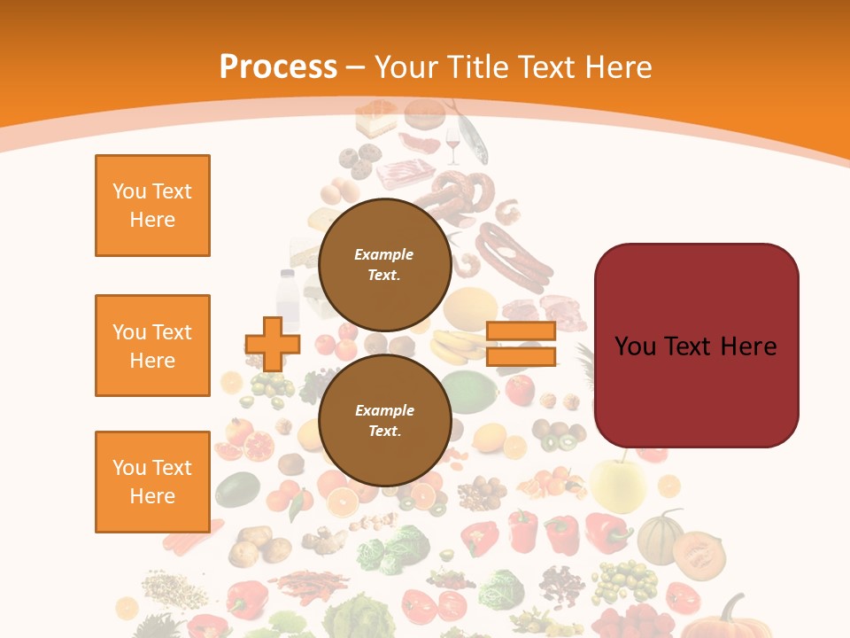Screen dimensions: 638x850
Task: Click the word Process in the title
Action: (278, 66)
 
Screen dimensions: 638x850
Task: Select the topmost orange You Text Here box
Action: (152, 206)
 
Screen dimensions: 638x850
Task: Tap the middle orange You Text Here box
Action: (152, 346)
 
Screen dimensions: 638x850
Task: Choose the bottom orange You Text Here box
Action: (152, 482)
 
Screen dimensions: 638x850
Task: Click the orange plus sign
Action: (272, 345)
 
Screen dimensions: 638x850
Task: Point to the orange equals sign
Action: (521, 345)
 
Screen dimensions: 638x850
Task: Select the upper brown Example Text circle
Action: (384, 264)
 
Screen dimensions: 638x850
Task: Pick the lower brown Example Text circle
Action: (384, 420)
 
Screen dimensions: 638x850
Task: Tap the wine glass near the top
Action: (453, 146)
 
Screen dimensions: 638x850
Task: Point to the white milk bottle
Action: (287, 296)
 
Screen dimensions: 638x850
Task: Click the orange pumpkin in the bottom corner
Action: (731, 620)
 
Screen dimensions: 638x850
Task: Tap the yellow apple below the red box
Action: (618, 483)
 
